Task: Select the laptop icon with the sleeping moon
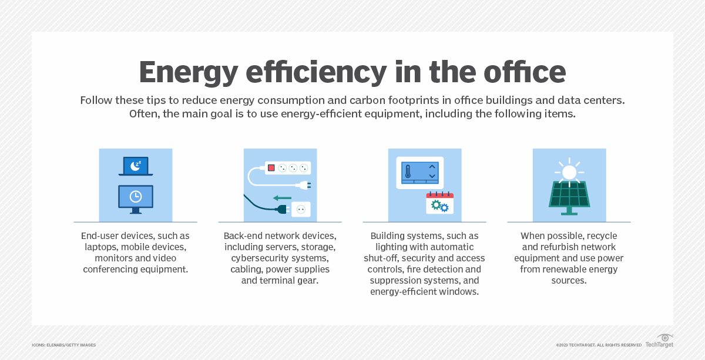pyautogui.click(x=136, y=166)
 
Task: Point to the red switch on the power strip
pyautogui.click(x=271, y=168)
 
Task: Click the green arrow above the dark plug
pyautogui.click(x=283, y=197)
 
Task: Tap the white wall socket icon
pyautogui.click(x=301, y=209)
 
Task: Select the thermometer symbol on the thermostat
pyautogui.click(x=407, y=171)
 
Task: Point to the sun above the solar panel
pyautogui.click(x=569, y=171)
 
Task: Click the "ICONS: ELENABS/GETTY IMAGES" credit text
pyautogui.click(x=64, y=345)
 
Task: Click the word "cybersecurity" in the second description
pyautogui.click(x=259, y=258)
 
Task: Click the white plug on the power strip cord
pyautogui.click(x=304, y=185)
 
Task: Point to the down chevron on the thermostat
pyautogui.click(x=432, y=176)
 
